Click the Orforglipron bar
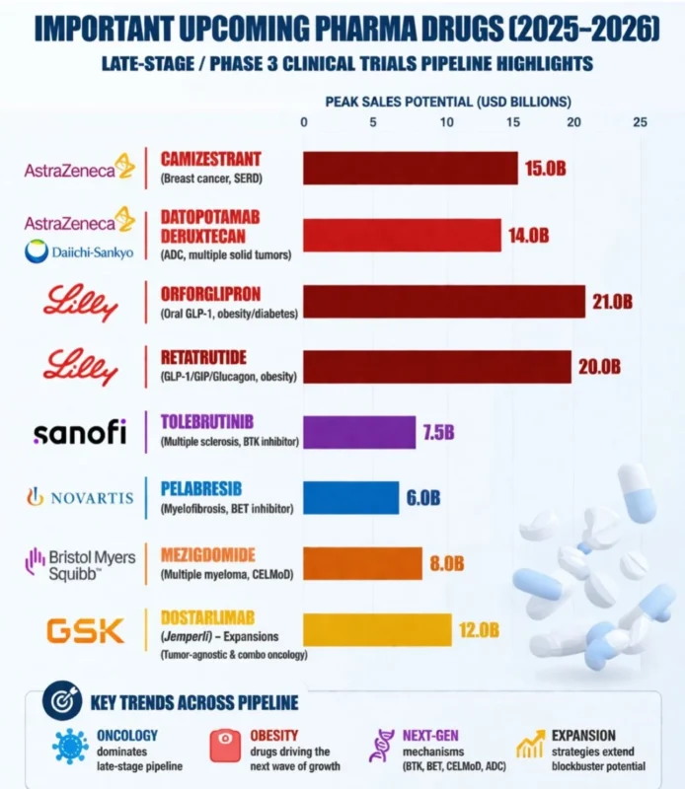(x=443, y=302)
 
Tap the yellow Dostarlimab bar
(x=376, y=629)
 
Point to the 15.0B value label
(x=546, y=169)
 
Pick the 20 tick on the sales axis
(x=576, y=122)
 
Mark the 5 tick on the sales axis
(x=373, y=122)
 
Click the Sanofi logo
(x=79, y=432)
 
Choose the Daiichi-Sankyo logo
(x=79, y=252)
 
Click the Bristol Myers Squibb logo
(x=79, y=563)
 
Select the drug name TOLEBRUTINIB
(x=211, y=421)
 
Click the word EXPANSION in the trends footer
(x=582, y=735)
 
